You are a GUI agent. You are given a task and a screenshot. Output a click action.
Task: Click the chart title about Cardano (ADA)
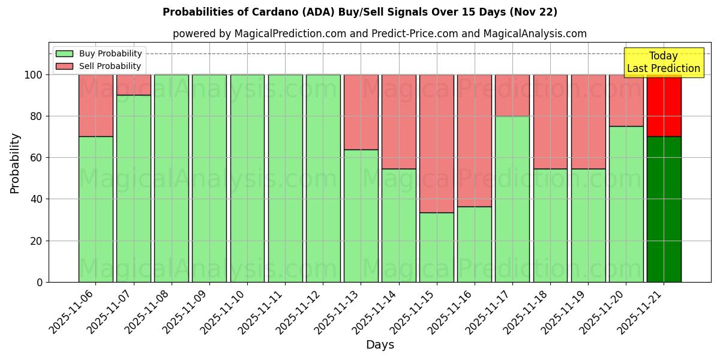coord(359,12)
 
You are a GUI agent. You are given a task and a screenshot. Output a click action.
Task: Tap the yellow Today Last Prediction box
coord(663,62)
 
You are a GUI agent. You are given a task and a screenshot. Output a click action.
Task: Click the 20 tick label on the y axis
coord(37,241)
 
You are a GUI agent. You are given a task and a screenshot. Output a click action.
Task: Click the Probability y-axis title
coord(15,163)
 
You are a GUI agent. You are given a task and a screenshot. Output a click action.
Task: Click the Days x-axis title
coord(380,345)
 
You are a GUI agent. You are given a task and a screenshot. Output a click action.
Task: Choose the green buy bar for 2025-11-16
coord(475,244)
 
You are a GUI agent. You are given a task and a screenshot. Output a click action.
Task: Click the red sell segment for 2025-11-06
coord(95,106)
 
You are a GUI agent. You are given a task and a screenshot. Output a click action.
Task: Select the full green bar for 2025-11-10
coord(247,178)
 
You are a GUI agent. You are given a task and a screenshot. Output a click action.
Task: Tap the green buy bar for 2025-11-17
coord(512,199)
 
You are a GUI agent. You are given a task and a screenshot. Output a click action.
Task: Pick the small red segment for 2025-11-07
coord(133,85)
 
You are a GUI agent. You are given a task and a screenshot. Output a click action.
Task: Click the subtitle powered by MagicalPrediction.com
coord(379,34)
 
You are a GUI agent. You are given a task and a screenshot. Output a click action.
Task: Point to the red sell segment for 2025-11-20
coord(626,100)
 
